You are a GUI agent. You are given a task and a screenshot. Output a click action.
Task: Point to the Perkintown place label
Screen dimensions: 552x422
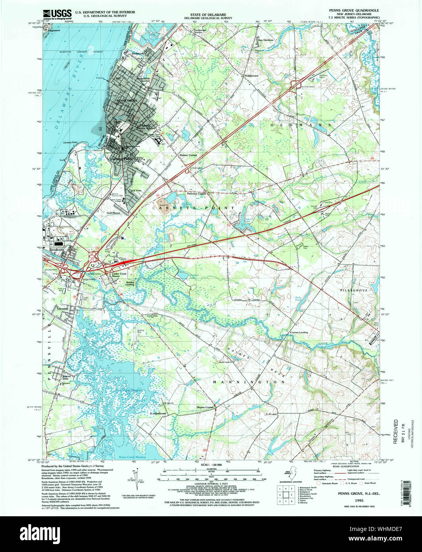coord(251,75)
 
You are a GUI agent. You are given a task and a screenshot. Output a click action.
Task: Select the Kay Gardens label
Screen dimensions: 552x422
coord(266,40)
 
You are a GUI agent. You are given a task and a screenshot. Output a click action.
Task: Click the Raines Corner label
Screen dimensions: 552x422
coord(188,155)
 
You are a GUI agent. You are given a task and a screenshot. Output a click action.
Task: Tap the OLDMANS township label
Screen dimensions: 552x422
coord(301,125)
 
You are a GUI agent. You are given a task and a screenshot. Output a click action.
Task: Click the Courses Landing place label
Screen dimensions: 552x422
coord(299,332)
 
